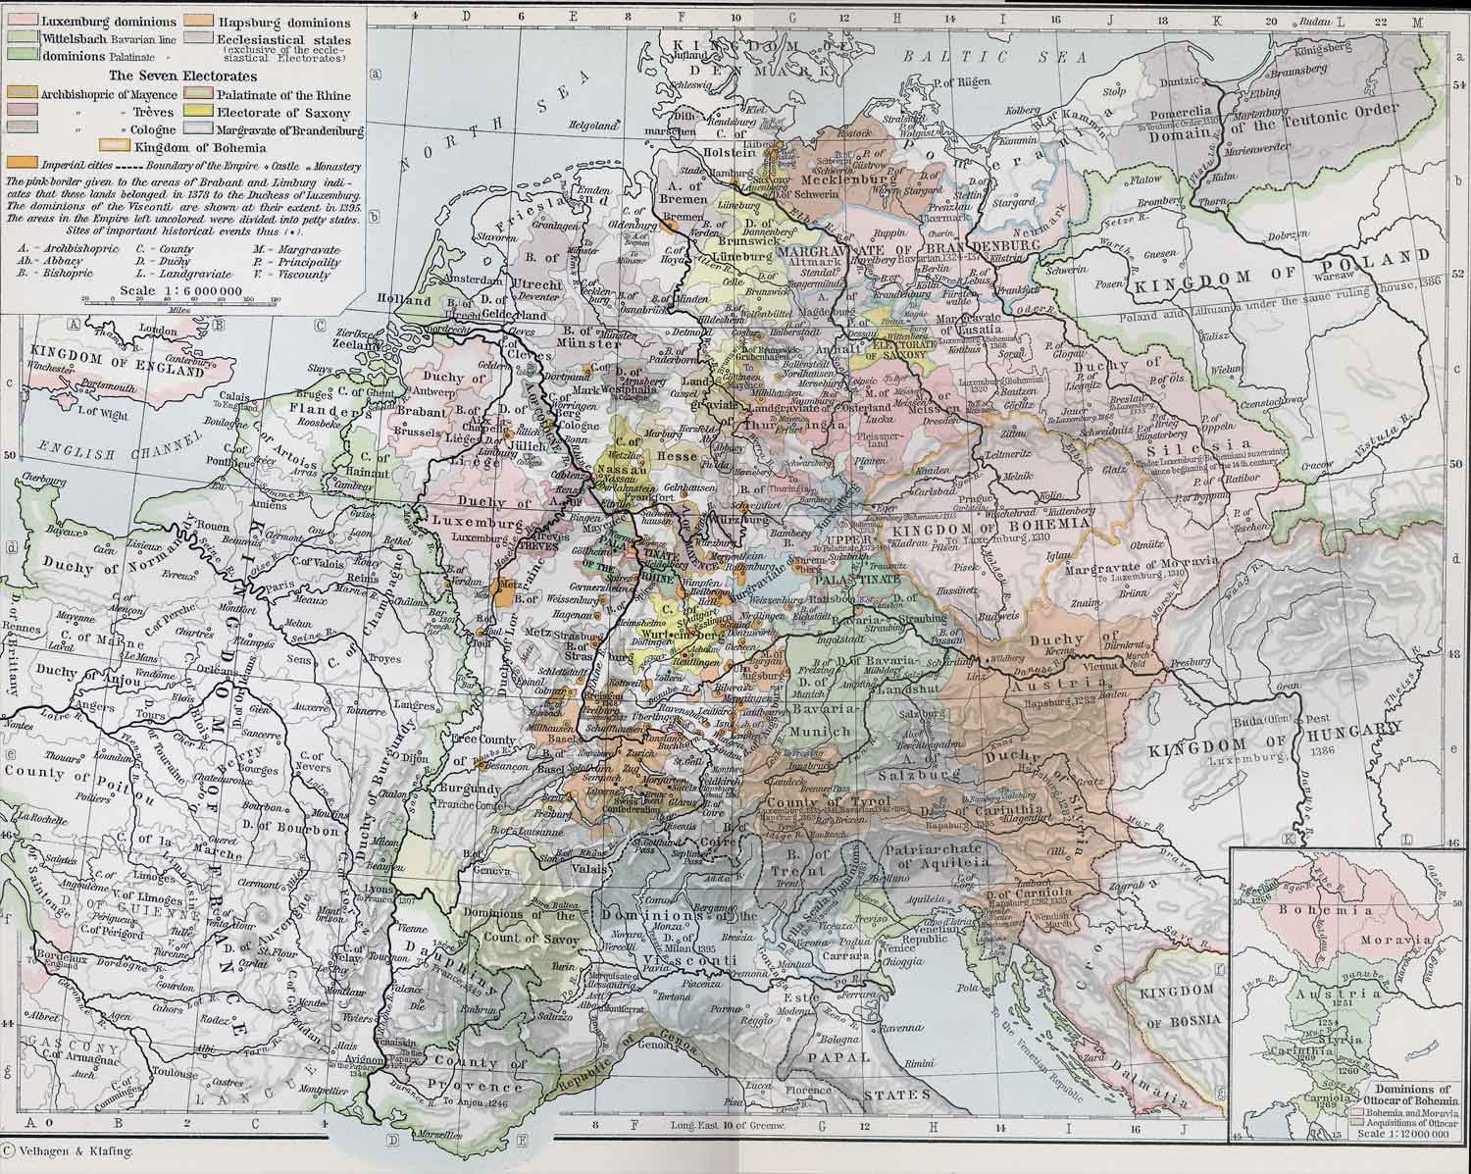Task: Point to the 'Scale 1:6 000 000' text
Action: coord(178,291)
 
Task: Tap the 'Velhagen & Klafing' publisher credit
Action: coord(72,1153)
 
